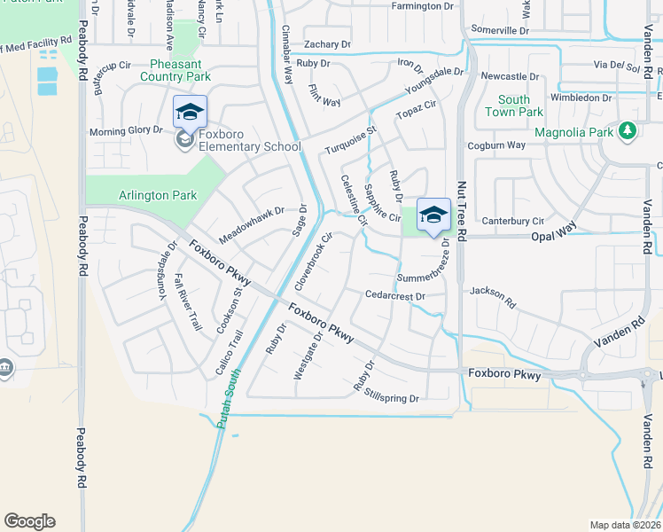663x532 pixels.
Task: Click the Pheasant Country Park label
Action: (x=176, y=70)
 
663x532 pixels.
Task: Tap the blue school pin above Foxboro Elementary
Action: (x=190, y=113)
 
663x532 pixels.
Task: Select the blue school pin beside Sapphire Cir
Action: (x=433, y=215)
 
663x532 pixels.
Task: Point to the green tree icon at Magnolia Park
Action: (x=628, y=131)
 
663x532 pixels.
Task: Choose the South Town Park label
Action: (x=514, y=106)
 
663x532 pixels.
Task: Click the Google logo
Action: (x=29, y=521)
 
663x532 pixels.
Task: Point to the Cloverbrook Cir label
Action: (x=314, y=262)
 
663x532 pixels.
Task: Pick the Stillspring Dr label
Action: (x=391, y=399)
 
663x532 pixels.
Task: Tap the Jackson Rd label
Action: (x=493, y=296)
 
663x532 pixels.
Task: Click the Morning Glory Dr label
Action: (x=126, y=130)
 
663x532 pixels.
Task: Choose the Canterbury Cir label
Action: (x=512, y=221)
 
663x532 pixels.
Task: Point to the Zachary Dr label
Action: (x=327, y=43)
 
